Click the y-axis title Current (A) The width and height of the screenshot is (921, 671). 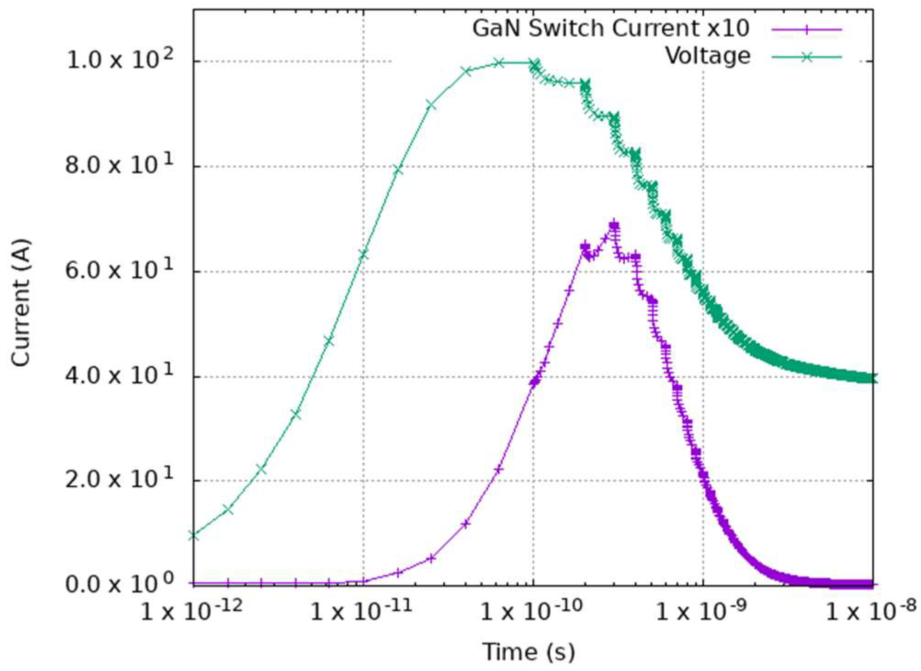(21, 303)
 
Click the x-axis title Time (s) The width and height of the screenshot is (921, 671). (528, 652)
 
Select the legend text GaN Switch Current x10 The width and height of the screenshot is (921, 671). (610, 28)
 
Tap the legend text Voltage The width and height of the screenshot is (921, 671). (708, 56)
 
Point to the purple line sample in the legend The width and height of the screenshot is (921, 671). (807, 29)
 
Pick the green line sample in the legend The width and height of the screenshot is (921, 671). (807, 57)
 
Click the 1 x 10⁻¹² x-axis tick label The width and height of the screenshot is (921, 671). (191, 611)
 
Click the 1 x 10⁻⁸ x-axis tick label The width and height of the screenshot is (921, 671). (870, 611)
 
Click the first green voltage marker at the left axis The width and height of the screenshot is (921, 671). (194, 535)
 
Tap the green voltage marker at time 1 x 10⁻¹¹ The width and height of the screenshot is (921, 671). (363, 254)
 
